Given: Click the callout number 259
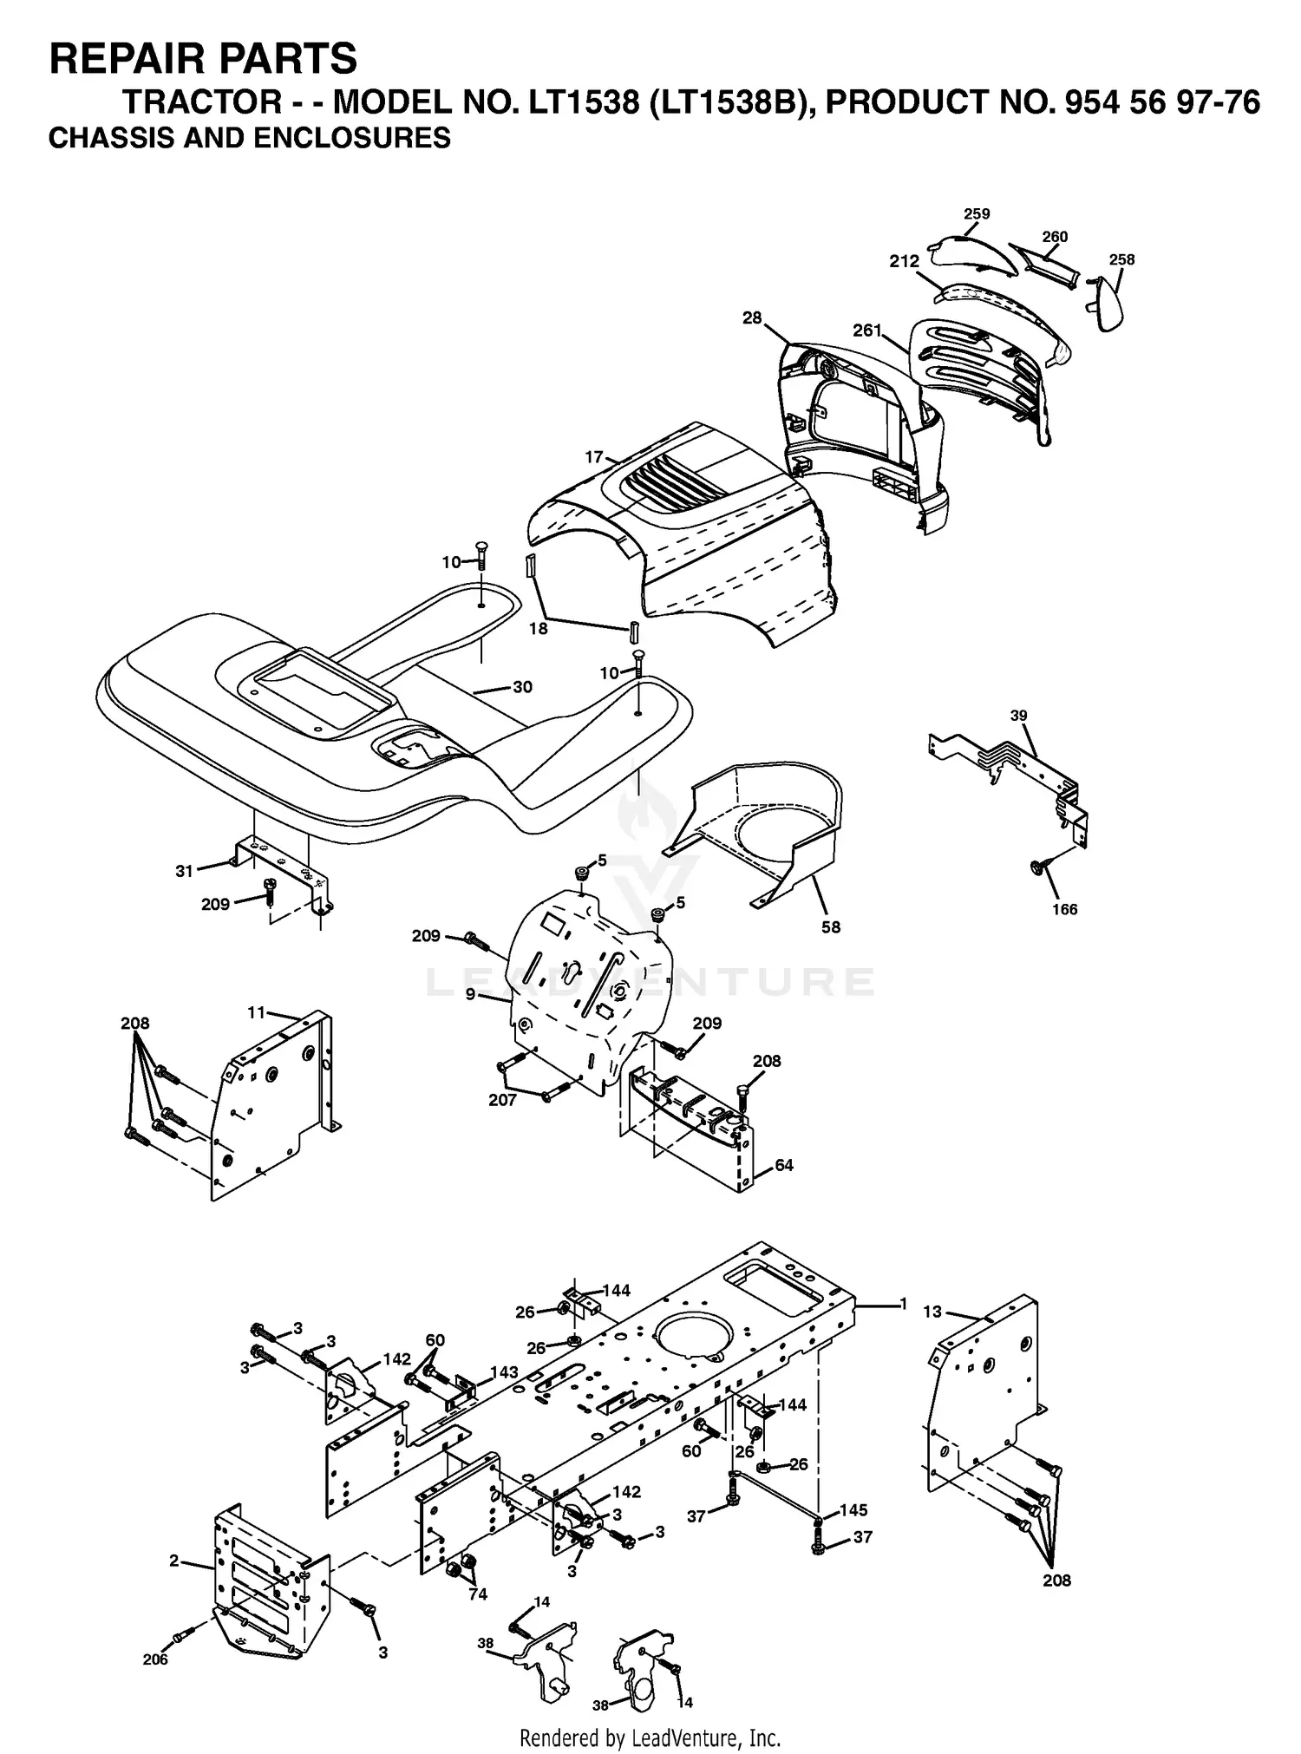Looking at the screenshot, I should pyautogui.click(x=977, y=214).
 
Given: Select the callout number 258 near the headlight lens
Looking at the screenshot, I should pyautogui.click(x=1121, y=259).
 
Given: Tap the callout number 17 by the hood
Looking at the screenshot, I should pyautogui.click(x=593, y=457).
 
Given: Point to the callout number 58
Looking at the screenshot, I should pyautogui.click(x=830, y=927).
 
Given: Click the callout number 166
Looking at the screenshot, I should pyautogui.click(x=1064, y=909).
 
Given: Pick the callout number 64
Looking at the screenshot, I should pyautogui.click(x=783, y=1165).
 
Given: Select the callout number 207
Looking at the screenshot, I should pyautogui.click(x=502, y=1100).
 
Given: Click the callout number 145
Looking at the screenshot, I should pyautogui.click(x=853, y=1510).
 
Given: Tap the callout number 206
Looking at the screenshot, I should pyautogui.click(x=155, y=1659).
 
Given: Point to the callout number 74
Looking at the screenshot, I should pyautogui.click(x=478, y=1594).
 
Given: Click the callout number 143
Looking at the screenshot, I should pyautogui.click(x=504, y=1372).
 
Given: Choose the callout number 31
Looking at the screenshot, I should pyautogui.click(x=184, y=871).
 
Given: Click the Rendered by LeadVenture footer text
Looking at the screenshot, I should pyautogui.click(x=650, y=1738).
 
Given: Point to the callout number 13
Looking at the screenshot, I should pyautogui.click(x=932, y=1312).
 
